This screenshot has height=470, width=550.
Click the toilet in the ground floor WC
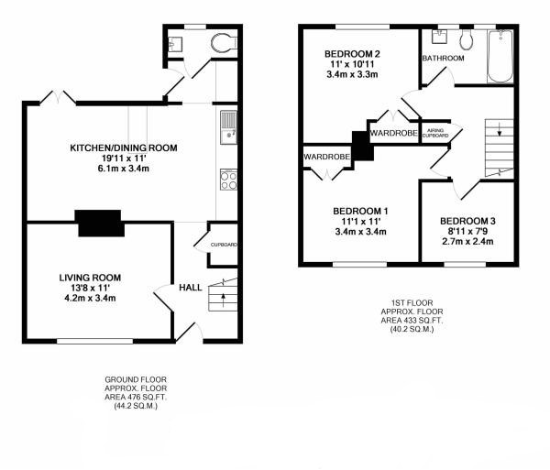(x=224, y=43)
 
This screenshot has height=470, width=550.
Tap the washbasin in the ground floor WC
(x=175, y=44)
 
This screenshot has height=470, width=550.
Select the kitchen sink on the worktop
(x=228, y=127)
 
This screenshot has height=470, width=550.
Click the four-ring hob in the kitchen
(x=228, y=180)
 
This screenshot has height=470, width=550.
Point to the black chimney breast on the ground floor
(x=99, y=223)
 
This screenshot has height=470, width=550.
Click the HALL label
(x=191, y=288)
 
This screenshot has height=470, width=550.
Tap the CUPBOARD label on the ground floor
(x=224, y=245)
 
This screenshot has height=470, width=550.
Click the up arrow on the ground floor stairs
(x=223, y=300)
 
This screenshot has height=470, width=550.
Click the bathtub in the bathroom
(x=500, y=57)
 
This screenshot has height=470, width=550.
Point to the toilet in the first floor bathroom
(x=467, y=39)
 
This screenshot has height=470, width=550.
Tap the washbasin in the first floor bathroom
(x=439, y=37)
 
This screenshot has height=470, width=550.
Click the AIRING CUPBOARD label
(x=435, y=133)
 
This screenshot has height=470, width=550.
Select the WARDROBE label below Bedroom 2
(x=393, y=133)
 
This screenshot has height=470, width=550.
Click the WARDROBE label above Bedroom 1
(x=327, y=157)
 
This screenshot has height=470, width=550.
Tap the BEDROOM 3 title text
(x=467, y=221)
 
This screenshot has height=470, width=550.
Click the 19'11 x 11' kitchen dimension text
(x=124, y=158)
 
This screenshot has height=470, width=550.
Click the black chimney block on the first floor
(x=362, y=146)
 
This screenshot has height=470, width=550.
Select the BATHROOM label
(x=443, y=59)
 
